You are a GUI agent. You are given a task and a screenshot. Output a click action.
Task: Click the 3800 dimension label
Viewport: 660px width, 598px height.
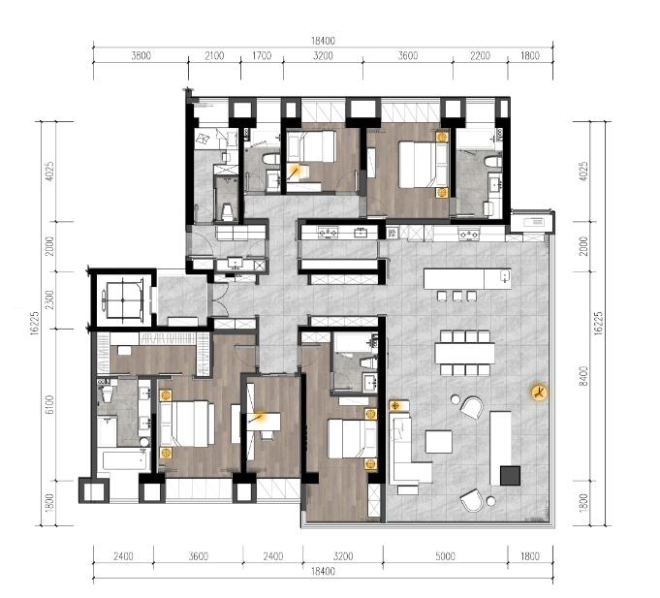[x=141, y=55]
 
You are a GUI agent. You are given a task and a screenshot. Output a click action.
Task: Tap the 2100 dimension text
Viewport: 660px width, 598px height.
[x=214, y=55]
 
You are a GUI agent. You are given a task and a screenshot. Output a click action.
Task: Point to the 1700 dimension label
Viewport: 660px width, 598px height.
[x=262, y=55]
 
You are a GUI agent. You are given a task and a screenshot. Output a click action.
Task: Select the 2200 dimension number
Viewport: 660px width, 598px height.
[x=481, y=55]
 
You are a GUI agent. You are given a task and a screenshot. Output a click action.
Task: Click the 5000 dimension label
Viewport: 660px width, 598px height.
[x=445, y=556]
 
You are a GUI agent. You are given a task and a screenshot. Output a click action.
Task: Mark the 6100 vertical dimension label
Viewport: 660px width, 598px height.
[x=49, y=405]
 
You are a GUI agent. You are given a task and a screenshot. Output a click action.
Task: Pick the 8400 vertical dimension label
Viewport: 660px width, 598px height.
[x=583, y=376]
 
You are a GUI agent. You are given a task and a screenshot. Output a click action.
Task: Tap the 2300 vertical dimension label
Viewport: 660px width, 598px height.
[x=49, y=299]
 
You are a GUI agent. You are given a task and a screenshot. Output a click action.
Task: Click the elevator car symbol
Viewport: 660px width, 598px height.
[x=123, y=300]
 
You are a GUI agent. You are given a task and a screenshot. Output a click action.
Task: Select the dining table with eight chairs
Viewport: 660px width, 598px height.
[x=464, y=353]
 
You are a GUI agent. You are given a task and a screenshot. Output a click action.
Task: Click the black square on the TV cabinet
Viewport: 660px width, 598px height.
[x=510, y=476]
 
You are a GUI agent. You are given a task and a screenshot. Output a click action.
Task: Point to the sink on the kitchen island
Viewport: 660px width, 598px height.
[x=504, y=276]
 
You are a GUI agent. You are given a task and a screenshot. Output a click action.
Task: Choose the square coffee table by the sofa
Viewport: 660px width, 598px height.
[x=439, y=441]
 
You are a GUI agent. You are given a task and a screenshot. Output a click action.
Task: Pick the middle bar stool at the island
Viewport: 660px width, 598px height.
[x=457, y=296]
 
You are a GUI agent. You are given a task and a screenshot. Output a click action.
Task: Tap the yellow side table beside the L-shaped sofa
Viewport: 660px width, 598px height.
[x=395, y=406]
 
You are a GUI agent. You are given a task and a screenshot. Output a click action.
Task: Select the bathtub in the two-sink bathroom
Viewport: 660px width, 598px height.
[x=124, y=460]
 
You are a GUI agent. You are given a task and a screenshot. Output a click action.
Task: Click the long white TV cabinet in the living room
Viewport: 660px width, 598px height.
[x=500, y=449]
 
